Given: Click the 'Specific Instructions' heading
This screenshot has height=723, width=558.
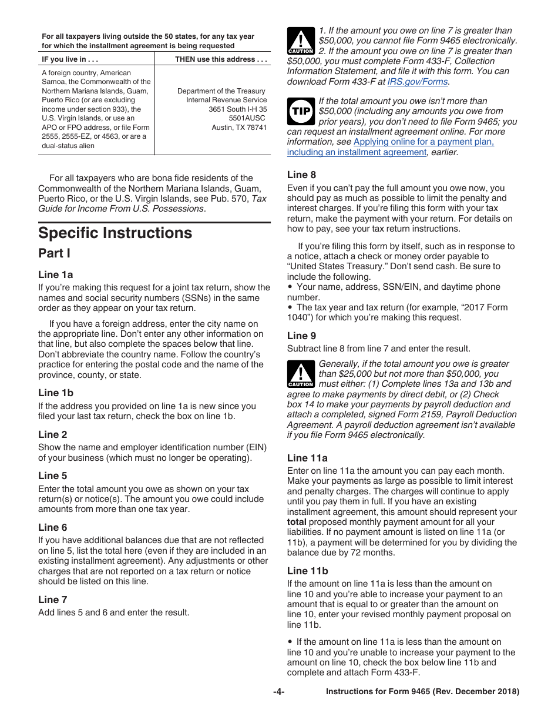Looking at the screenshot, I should point(115,233).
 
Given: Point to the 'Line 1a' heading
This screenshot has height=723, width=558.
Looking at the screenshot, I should point(56,275).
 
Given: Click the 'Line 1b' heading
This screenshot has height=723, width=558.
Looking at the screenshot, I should point(56,393).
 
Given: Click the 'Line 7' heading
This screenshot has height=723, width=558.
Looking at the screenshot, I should point(53,600).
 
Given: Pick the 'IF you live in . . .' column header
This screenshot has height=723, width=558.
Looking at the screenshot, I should point(70,59).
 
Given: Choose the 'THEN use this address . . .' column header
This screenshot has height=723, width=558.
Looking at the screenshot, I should point(221,59).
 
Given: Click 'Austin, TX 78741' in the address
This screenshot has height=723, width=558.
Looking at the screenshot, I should point(239,128).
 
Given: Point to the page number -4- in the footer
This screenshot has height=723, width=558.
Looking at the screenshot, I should point(278,692).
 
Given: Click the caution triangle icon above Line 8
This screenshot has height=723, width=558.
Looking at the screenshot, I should point(301,41).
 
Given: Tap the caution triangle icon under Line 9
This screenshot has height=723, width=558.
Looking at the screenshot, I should point(301,374).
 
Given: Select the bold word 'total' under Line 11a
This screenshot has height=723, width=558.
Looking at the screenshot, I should point(297,522).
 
